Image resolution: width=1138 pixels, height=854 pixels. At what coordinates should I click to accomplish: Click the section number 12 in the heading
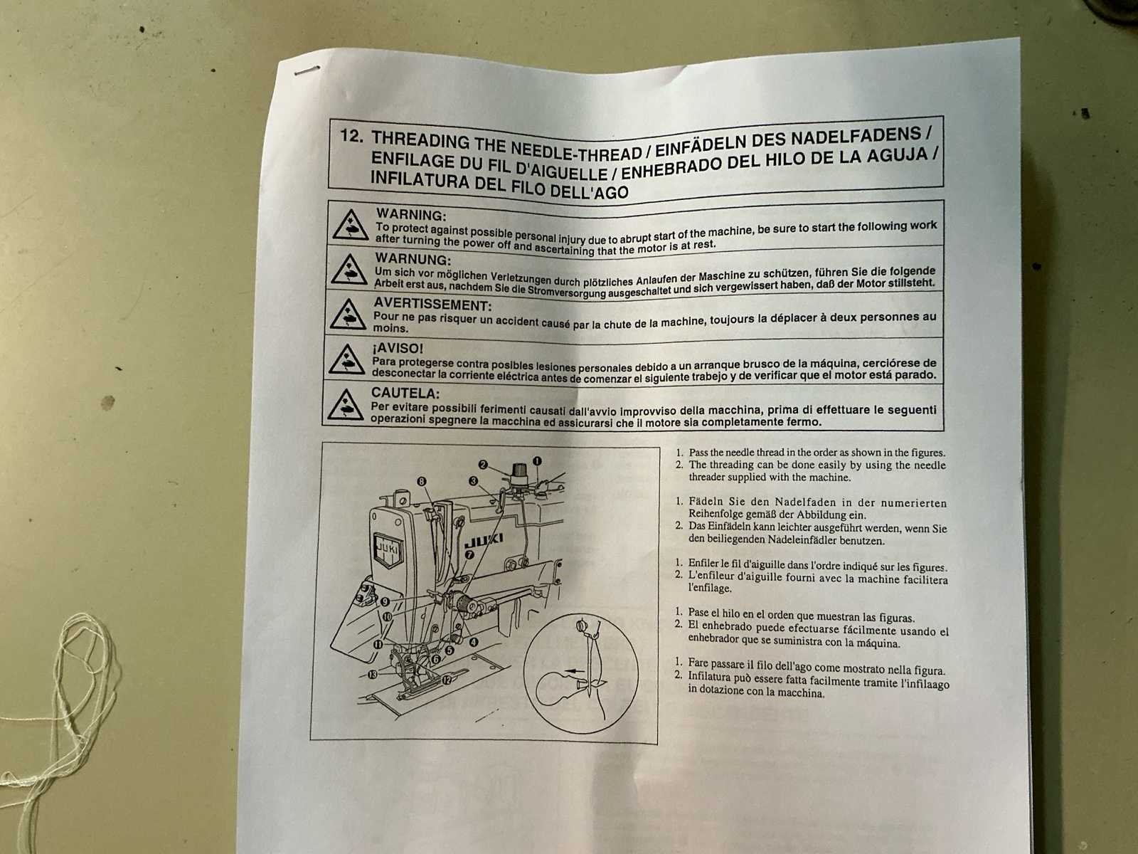pos(351,137)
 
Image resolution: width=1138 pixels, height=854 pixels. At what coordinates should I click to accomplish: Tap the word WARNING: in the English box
pos(411,214)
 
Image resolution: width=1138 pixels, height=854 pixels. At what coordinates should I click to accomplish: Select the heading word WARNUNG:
pos(413,259)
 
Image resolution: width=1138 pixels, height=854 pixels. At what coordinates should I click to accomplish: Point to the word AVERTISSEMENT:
pos(432,304)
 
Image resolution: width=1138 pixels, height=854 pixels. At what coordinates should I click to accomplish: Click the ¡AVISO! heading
pos(398,347)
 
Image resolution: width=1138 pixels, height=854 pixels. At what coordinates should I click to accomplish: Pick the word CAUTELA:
pos(405,393)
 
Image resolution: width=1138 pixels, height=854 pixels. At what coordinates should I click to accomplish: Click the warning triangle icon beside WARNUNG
pos(349,270)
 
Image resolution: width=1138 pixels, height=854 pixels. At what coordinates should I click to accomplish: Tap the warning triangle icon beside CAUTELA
pos(345,405)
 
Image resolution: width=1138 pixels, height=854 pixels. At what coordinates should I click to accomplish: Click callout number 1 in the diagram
pos(537,461)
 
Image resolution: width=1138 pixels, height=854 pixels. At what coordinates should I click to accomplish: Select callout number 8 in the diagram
pos(422,481)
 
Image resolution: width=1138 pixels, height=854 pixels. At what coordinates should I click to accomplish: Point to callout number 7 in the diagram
pos(469,555)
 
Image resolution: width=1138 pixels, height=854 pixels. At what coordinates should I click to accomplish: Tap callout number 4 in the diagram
pos(474,642)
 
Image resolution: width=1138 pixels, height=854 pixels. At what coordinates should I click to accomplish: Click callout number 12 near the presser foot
pos(447,680)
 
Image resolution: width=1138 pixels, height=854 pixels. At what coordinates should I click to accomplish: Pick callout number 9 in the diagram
pos(385,601)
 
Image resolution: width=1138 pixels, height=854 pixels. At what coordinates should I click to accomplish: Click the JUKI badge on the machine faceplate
pos(388,551)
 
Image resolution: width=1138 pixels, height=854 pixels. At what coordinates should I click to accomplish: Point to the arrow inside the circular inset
pos(574,671)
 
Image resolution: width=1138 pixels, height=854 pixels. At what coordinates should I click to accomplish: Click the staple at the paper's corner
pos(307,70)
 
